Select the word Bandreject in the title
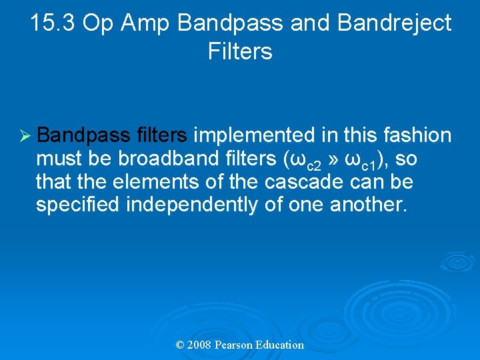[395, 23]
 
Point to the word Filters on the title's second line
[240, 51]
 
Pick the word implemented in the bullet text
[253, 135]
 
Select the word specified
[77, 205]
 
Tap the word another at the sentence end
[367, 205]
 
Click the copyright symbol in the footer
[179, 345]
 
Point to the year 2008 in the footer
[200, 345]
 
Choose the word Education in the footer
[279, 345]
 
